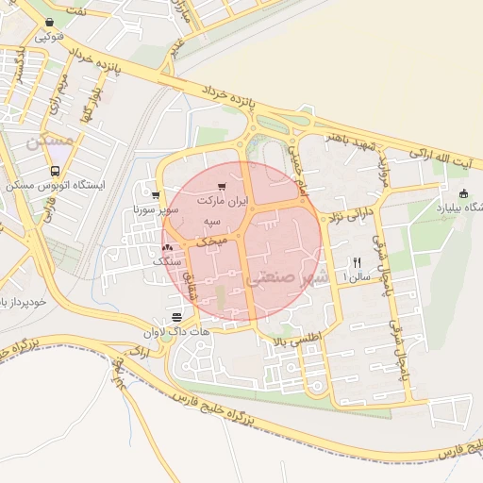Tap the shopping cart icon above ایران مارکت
[222, 187]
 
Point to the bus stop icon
[55, 172]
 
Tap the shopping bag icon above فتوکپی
[48, 21]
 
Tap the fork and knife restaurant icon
[357, 263]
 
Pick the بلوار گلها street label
[91, 109]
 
